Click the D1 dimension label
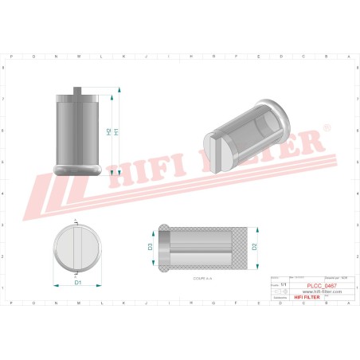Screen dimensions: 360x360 pos(77,283)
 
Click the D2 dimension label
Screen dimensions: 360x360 pos(254,246)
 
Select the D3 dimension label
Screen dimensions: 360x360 pos(150,247)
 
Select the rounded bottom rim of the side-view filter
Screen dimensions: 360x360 pos(77,168)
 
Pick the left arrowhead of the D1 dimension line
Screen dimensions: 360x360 pos(54,283)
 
